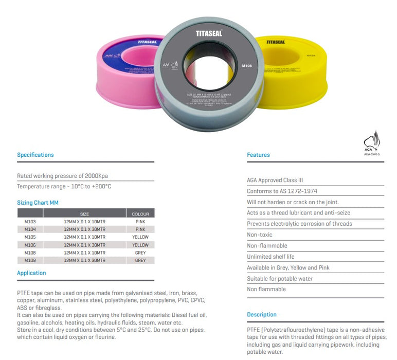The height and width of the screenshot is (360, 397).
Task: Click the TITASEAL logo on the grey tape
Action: pos(208,34)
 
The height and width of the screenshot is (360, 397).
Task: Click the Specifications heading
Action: pos(35,155)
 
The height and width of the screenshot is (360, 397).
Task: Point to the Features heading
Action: pos(258,155)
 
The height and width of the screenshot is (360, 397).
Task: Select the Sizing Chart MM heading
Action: pos(38,203)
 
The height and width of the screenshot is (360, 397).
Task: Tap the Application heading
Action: pos(31,273)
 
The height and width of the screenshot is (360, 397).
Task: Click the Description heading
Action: pos(261,315)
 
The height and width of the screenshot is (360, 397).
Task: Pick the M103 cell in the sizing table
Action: pos(30,222)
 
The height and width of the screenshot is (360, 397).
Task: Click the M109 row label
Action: pos(30,260)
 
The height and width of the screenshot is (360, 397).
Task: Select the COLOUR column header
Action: pos(140,214)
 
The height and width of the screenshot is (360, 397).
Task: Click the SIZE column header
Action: pos(84,214)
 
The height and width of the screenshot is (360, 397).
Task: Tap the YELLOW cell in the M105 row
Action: pos(140,237)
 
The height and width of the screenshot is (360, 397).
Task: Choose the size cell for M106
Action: pos(84,245)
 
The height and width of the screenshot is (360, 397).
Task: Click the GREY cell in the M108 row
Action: pos(140,253)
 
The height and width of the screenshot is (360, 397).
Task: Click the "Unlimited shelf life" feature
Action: pos(270,257)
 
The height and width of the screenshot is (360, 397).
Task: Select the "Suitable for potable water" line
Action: pos(280,279)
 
